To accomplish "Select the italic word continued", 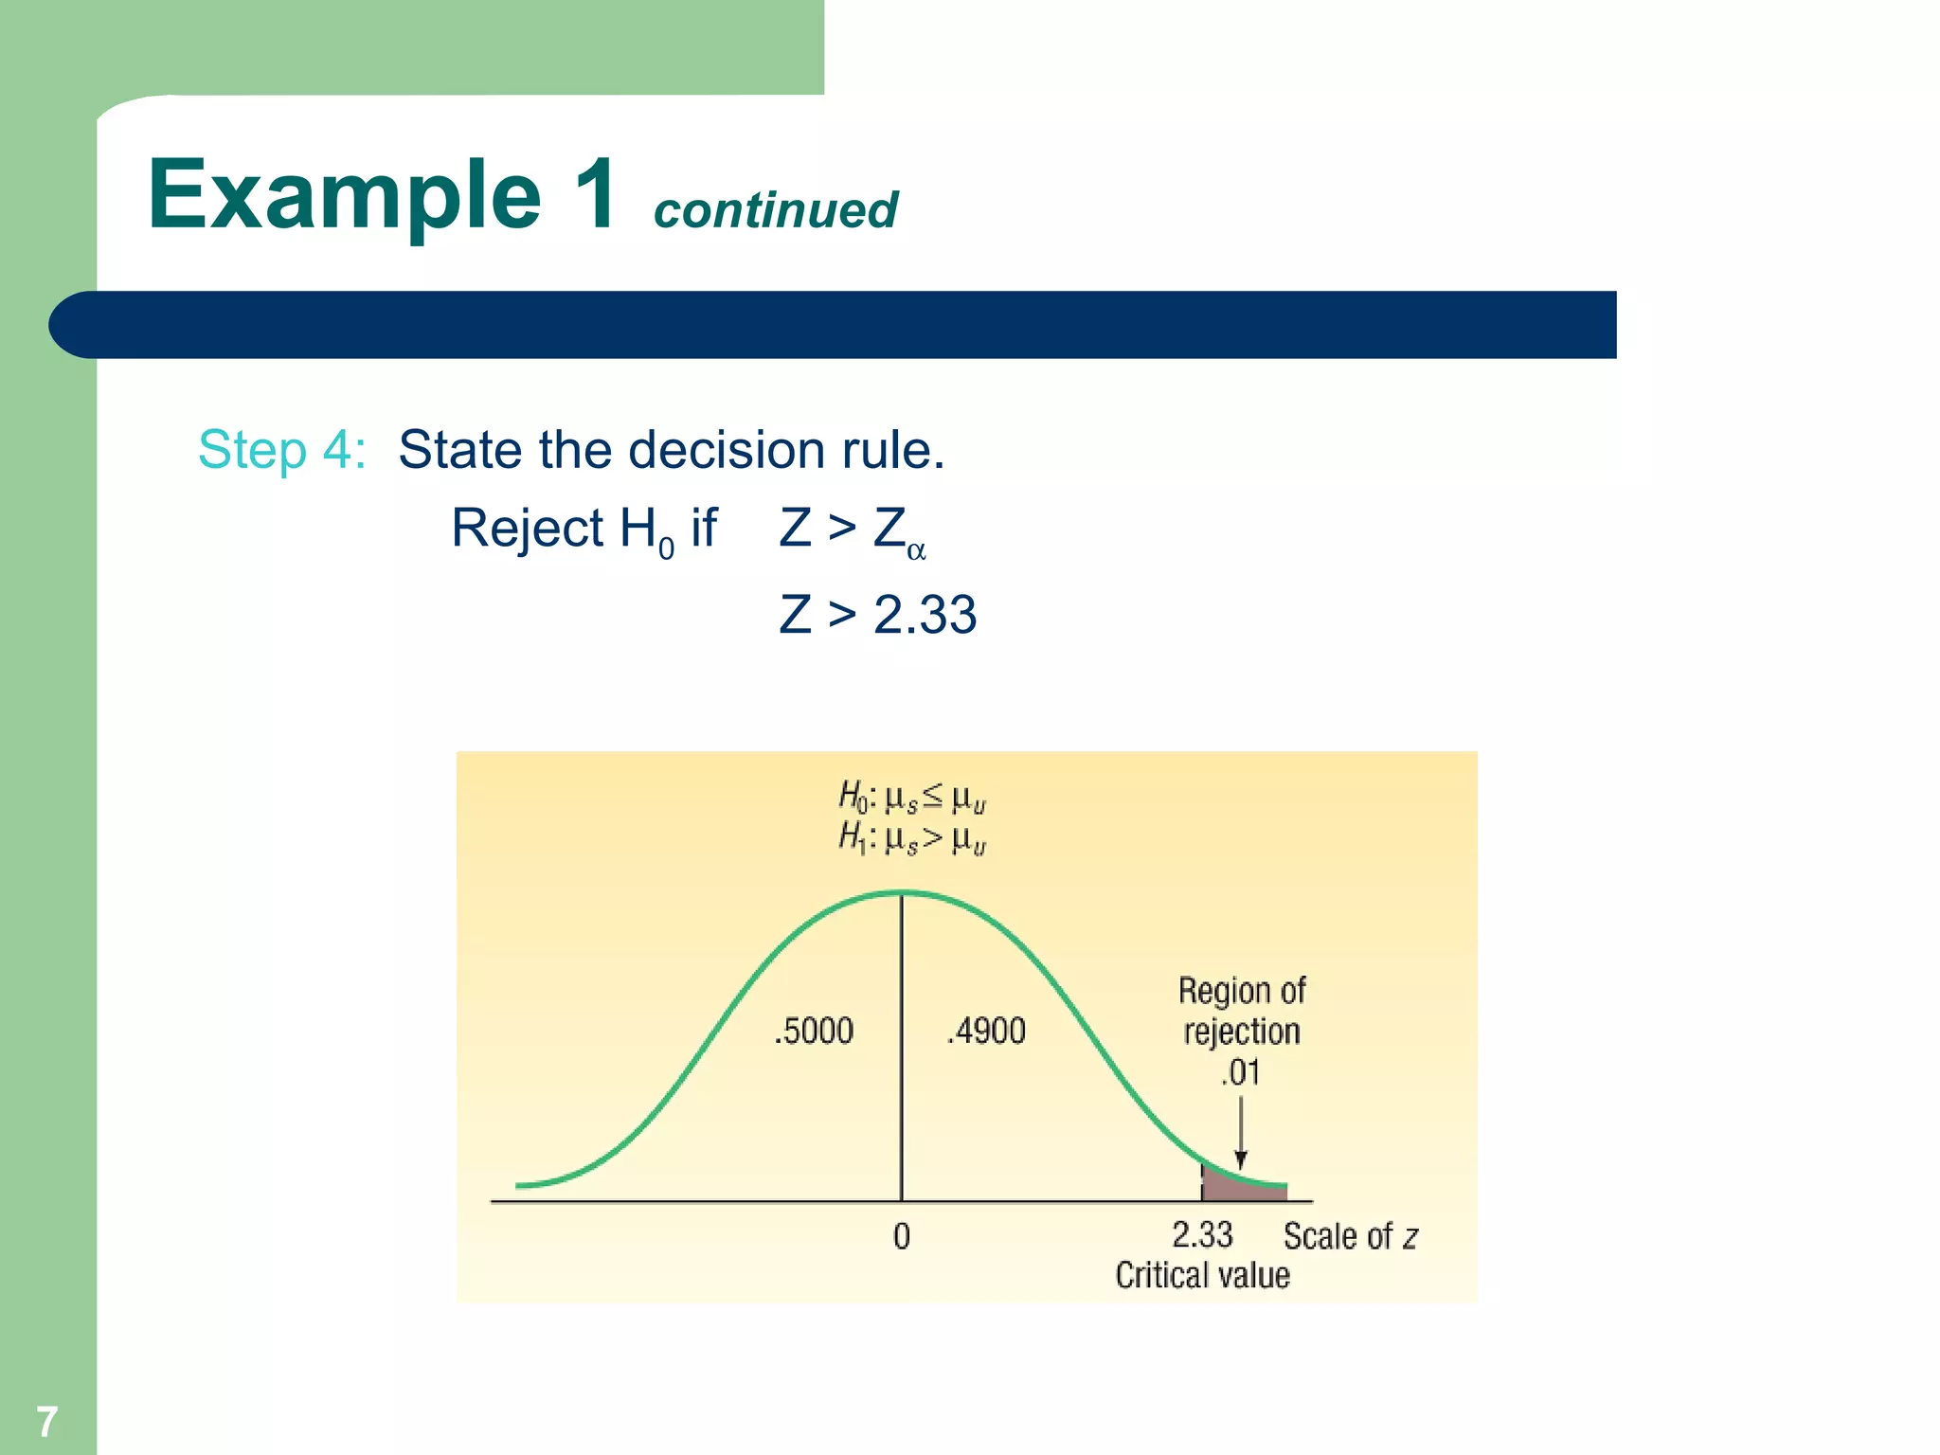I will tap(775, 210).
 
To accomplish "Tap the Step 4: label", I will tap(281, 449).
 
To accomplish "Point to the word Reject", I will tap(527, 528).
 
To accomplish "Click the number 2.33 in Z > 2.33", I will tap(925, 614).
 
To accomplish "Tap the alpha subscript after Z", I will tap(916, 551).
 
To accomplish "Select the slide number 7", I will tap(46, 1421).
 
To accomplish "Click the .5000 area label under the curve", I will tap(814, 1031).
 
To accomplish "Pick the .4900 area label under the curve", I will tap(986, 1031).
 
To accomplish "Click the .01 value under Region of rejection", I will tap(1240, 1073).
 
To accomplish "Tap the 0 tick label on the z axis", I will tap(902, 1236).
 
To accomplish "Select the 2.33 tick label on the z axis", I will tap(1202, 1235).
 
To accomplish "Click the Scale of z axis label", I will tap(1350, 1236).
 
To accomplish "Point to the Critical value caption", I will tap(1202, 1276).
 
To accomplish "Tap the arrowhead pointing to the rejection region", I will tap(1241, 1159).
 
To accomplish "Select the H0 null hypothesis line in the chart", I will tap(912, 799).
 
